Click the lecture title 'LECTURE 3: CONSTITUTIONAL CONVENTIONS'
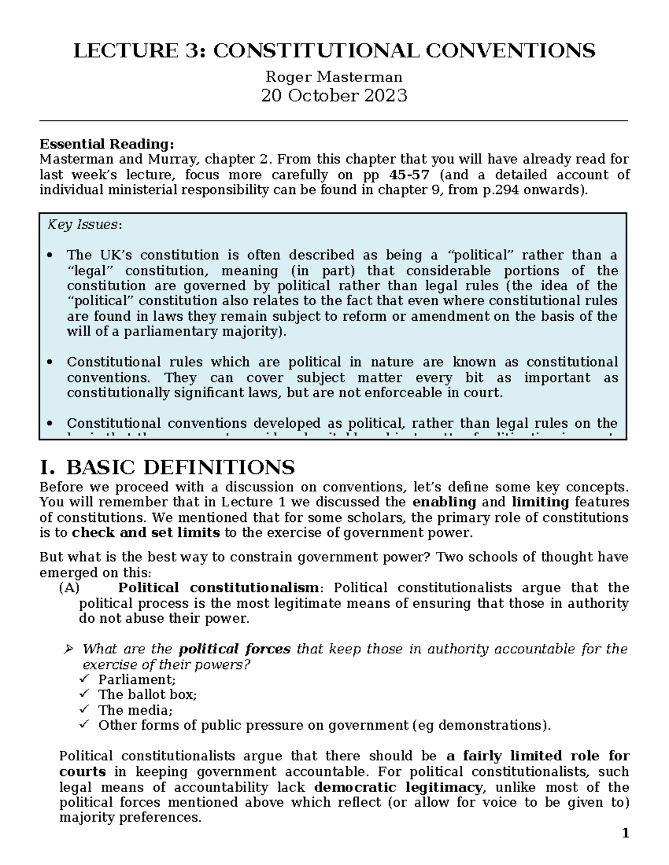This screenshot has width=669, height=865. (334, 51)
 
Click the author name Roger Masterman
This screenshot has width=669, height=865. (334, 76)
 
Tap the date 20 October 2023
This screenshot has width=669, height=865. (334, 96)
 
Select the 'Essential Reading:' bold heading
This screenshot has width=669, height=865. (106, 144)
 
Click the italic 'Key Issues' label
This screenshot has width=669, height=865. (83, 225)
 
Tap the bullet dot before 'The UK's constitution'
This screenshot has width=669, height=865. (51, 256)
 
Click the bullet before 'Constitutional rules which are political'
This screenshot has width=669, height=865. (51, 363)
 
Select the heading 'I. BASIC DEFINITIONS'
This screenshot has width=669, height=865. (167, 467)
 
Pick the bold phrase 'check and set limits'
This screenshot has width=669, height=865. (146, 533)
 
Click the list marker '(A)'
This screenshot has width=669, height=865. (69, 588)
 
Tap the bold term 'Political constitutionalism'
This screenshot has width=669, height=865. (219, 588)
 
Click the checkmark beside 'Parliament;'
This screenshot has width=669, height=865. (84, 679)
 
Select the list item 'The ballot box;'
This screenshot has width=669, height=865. (147, 695)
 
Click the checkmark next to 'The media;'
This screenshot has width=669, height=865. (84, 710)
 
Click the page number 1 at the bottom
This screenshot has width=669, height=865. (626, 834)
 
